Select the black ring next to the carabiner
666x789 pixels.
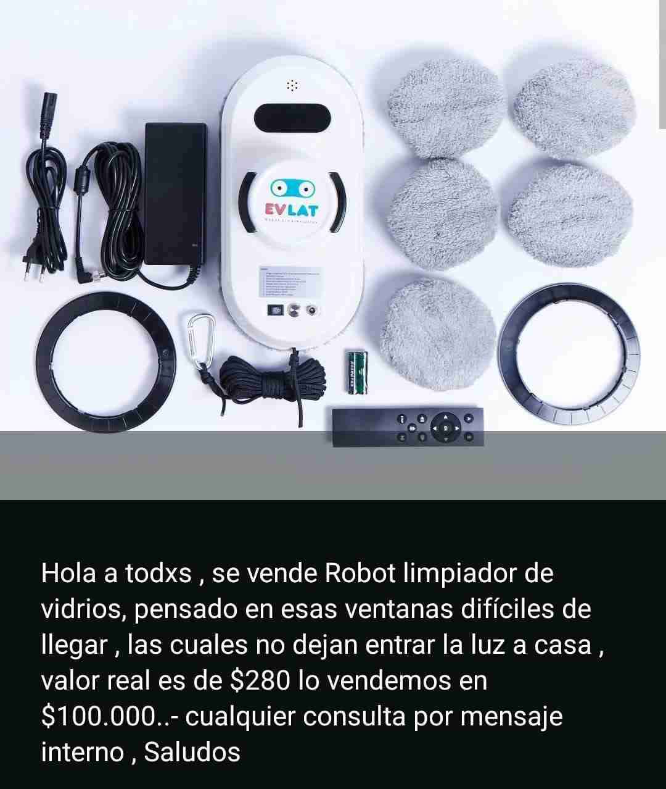pyautogui.click(x=107, y=361)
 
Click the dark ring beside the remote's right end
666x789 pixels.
pyautogui.click(x=569, y=355)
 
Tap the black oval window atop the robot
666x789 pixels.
pyautogui.click(x=292, y=115)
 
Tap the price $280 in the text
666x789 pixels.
pyautogui.click(x=260, y=681)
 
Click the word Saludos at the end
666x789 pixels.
pyautogui.click(x=192, y=753)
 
